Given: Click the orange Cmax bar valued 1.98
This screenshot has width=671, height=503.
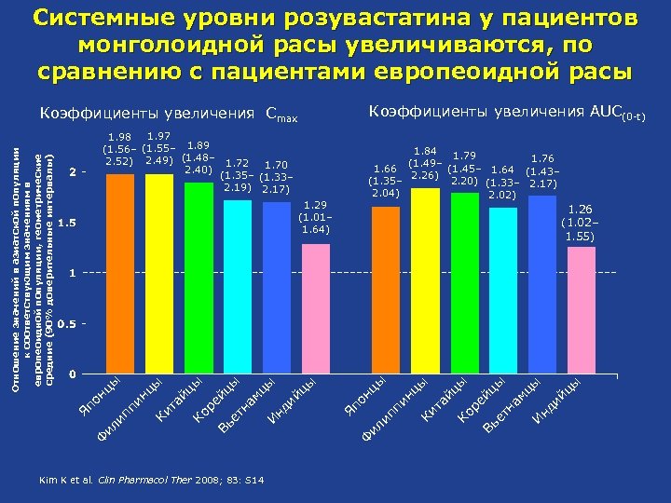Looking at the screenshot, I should [121, 274].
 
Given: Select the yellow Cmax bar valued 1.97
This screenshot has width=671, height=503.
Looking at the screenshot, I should [159, 274].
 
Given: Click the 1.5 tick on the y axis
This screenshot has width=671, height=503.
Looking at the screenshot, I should [67, 224].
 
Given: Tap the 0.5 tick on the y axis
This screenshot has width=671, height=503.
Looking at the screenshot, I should [67, 323].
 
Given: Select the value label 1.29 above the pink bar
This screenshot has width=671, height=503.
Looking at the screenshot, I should [313, 203].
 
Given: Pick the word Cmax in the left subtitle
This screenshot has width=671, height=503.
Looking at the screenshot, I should [281, 116].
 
